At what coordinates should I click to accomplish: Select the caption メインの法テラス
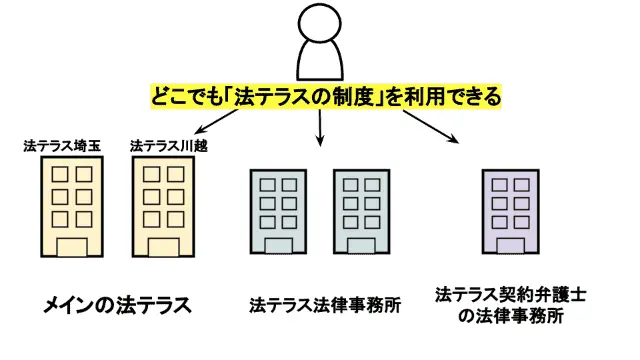pos(117,304)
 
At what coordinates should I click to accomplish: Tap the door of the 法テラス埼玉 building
pos(71,248)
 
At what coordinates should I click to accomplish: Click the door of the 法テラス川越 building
pos(163,248)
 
